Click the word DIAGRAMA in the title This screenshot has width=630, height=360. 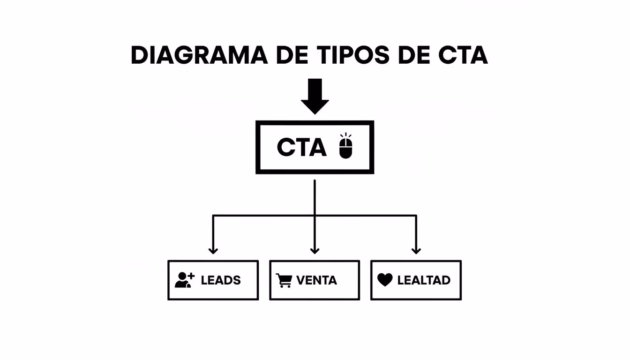(199, 56)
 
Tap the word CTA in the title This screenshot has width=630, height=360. (463, 56)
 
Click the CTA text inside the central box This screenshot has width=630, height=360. (301, 148)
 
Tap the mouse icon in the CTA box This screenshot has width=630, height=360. (345, 146)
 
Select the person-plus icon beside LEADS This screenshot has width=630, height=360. (184, 280)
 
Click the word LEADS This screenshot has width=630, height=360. (221, 280)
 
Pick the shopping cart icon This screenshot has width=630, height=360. (284, 280)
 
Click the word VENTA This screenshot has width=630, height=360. (316, 280)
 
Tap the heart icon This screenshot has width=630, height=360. (385, 280)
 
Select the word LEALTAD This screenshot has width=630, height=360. (424, 280)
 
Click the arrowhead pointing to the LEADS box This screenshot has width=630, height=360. (213, 250)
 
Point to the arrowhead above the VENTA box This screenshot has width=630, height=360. (315, 250)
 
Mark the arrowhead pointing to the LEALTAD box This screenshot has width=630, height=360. (416, 250)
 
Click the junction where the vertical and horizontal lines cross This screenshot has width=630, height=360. (315, 216)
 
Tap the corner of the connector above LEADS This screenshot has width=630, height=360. (213, 216)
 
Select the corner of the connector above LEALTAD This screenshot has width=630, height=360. (416, 216)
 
